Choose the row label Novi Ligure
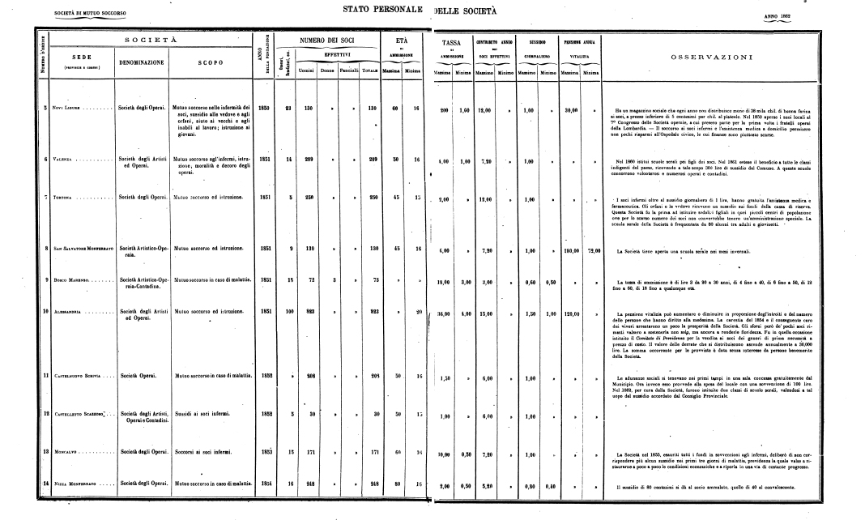tap(65, 108)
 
